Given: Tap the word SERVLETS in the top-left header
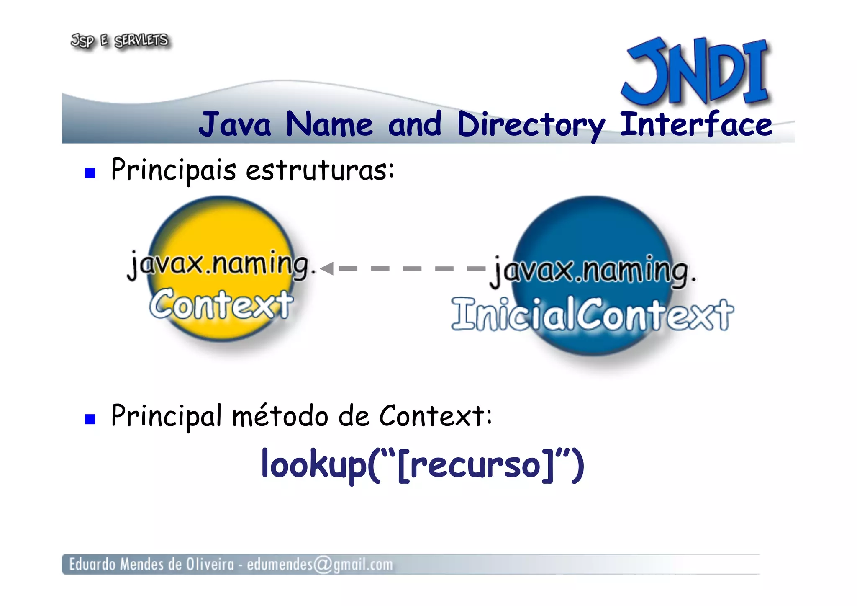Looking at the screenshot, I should [141, 41].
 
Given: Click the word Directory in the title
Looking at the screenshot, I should [531, 125].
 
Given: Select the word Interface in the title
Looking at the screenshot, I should [695, 124].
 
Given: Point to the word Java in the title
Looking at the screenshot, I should [235, 125].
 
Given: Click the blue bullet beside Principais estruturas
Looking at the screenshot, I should [90, 173].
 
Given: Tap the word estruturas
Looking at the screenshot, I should [320, 170].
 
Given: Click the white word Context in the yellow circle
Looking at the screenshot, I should [221, 304].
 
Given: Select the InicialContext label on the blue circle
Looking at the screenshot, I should [592, 314].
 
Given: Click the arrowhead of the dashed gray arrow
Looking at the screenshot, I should [327, 268].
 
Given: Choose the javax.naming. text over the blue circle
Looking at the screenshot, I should [592, 271].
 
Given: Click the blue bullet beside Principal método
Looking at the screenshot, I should [90, 419].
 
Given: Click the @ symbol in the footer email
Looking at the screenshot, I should [323, 564].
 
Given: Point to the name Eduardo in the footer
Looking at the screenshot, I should [92, 564].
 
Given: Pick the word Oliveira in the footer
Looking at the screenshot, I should [210, 564].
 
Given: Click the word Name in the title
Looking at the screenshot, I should [329, 125].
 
